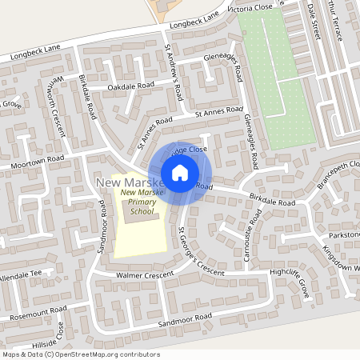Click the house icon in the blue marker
tap(180, 172)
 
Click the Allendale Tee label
tap(25, 274)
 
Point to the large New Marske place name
tap(128, 184)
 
